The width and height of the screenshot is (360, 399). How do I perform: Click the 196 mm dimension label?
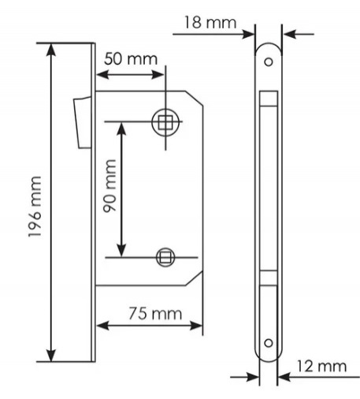pos(35,207)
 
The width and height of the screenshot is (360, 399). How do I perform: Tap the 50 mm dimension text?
pos(131,59)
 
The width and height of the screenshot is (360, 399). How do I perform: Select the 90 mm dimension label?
pos(109,186)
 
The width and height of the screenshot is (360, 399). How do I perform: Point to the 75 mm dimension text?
pos(155,314)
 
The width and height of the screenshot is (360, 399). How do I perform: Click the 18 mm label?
pos(210,22)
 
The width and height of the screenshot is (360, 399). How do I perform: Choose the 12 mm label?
pos(321,366)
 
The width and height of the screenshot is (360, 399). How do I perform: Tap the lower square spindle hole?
pos(165,257)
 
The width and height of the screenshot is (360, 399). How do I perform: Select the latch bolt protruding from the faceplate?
pos(83,122)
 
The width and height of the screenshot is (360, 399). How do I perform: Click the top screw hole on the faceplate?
pos(269,62)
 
